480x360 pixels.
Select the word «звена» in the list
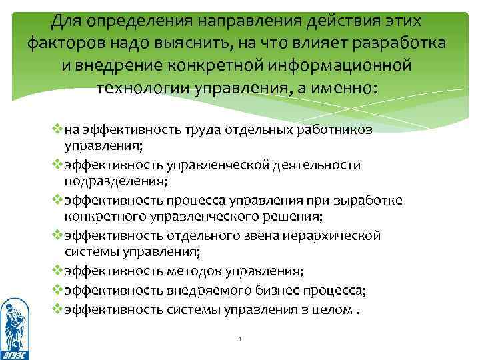pos(257,236)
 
